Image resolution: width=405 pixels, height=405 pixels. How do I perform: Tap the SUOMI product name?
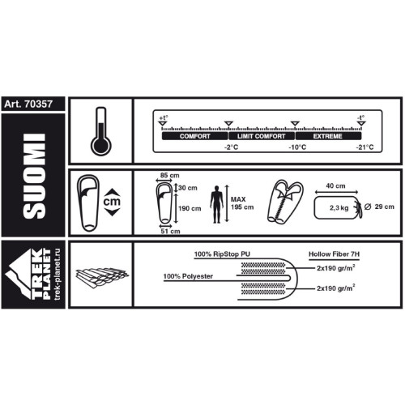[x=34, y=176]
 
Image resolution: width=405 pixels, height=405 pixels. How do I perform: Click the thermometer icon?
[x=100, y=131]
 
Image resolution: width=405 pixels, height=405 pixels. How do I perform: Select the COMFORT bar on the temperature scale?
[x=195, y=136]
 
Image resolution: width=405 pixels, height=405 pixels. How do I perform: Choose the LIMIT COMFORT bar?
[x=262, y=136]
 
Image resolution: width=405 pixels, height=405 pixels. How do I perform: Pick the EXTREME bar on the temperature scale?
[x=328, y=136]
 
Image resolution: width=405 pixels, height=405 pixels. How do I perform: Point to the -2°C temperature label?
[x=232, y=147]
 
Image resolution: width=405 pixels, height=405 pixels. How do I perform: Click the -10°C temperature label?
[x=297, y=147]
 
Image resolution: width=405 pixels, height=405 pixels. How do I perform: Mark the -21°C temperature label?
[x=364, y=147]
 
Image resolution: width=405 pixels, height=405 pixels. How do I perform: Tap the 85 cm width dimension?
[x=169, y=175]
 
